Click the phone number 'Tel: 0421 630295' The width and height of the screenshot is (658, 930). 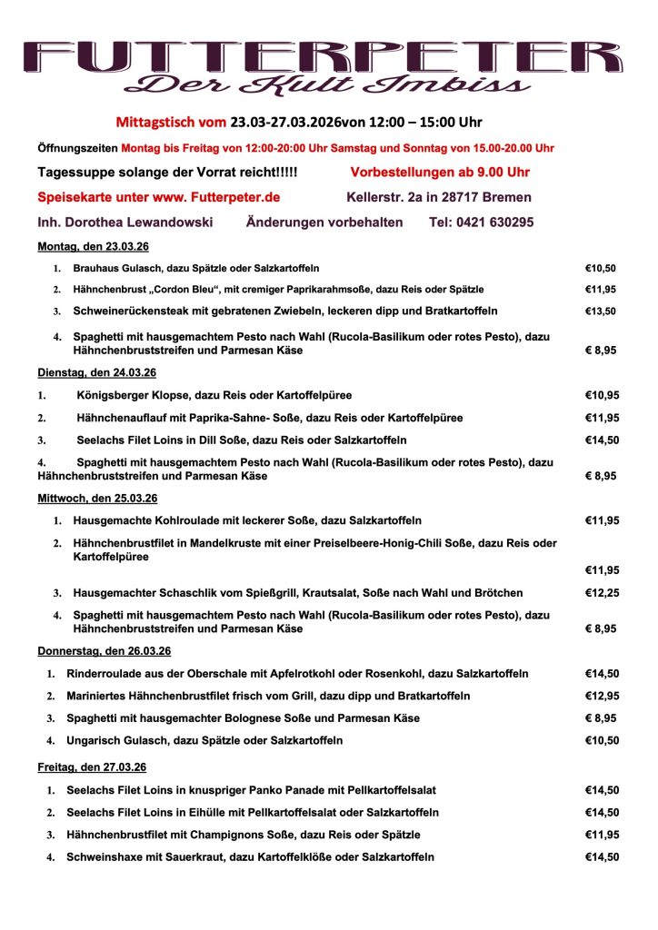(481, 222)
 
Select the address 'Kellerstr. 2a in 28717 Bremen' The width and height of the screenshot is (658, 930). (439, 197)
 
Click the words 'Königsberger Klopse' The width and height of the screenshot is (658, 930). (131, 396)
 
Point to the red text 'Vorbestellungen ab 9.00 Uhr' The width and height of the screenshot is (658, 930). (440, 172)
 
